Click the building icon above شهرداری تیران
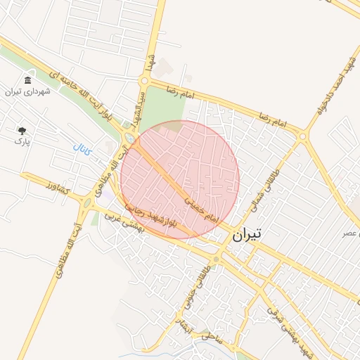point(27,80)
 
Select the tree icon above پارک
point(22,130)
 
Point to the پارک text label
point(22,141)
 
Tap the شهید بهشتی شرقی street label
point(282,321)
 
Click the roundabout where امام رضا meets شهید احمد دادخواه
point(303,136)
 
